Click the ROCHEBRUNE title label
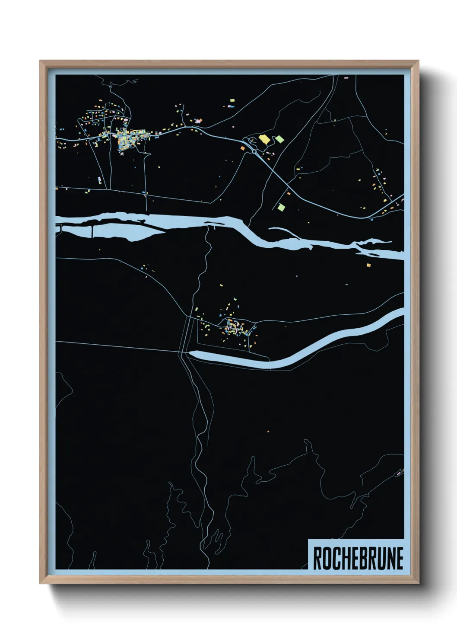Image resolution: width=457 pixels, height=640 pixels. click(358, 558)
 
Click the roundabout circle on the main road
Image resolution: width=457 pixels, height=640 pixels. click(254, 152)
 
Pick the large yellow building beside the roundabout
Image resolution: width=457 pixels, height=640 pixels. click(264, 139)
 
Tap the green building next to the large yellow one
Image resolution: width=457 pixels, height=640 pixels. click(280, 139)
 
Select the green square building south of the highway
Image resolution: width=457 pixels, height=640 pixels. click(281, 207)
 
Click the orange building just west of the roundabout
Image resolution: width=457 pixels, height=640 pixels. click(243, 148)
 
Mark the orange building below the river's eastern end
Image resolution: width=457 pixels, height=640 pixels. click(368, 265)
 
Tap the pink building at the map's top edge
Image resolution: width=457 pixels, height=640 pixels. click(346, 78)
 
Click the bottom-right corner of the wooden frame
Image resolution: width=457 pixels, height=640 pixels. click(418, 583)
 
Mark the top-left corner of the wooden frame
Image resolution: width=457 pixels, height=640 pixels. click(41, 61)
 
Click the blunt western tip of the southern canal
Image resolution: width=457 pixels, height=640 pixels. click(191, 354)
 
